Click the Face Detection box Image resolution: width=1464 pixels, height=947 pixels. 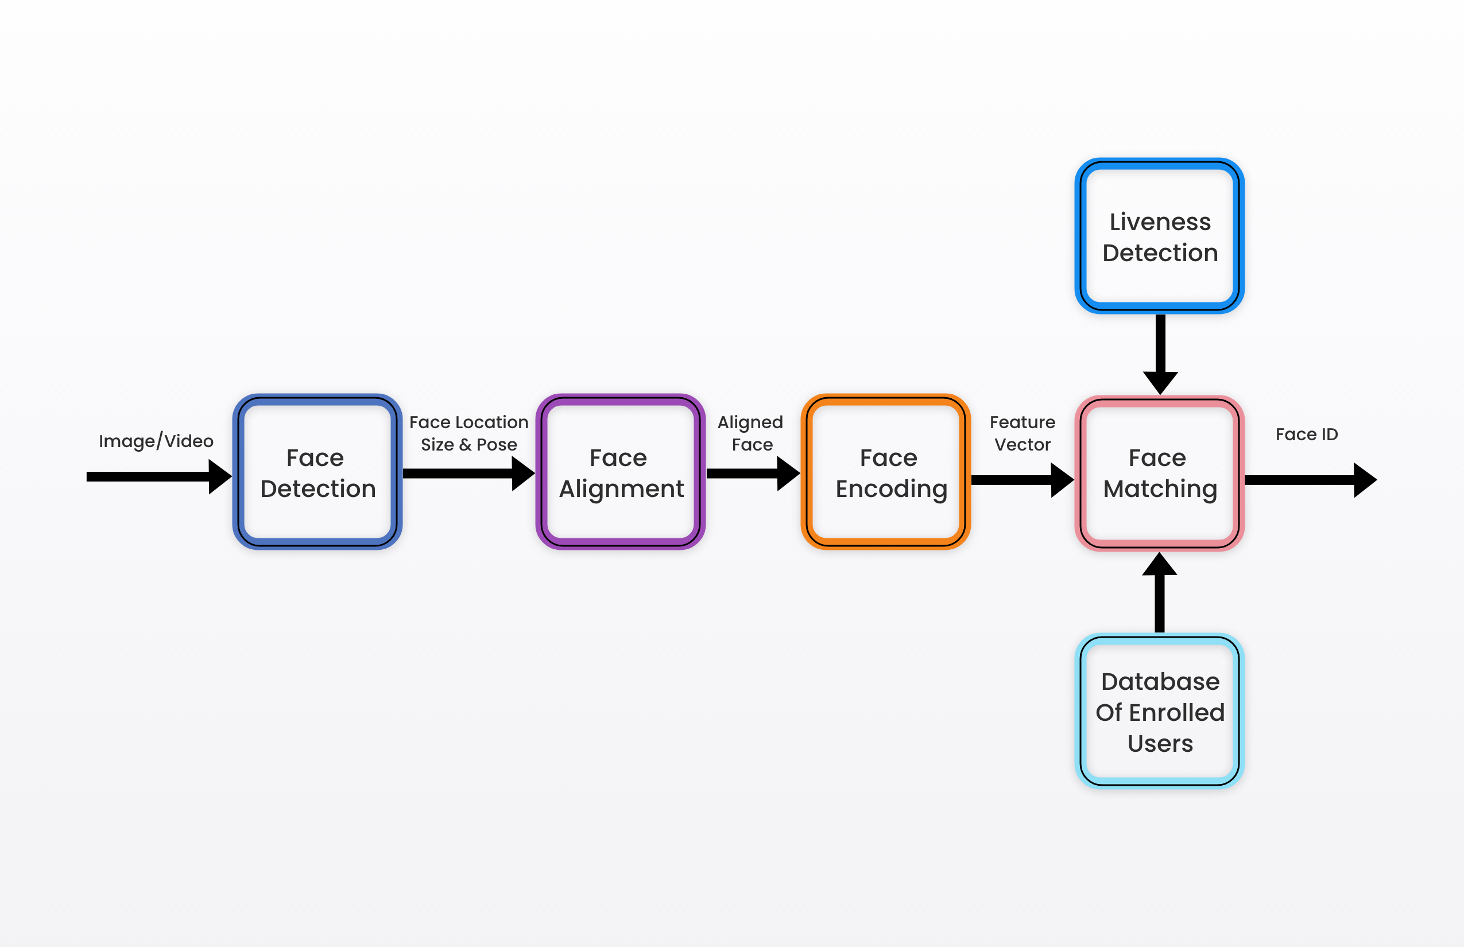[317, 472]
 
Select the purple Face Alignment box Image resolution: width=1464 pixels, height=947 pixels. [621, 472]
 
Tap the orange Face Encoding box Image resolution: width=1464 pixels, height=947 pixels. [886, 472]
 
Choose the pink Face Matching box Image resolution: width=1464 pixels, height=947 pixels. [1160, 473]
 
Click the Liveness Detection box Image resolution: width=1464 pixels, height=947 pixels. [1160, 236]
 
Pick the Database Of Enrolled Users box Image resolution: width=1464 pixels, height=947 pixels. [1160, 711]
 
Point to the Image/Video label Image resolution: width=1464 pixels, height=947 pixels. [156, 441]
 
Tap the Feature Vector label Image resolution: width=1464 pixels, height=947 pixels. [1023, 433]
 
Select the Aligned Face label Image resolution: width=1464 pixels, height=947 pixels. [750, 434]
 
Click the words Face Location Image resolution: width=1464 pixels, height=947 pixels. [468, 422]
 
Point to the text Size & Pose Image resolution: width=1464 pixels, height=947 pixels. [468, 445]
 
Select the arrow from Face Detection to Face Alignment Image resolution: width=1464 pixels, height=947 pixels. [468, 473]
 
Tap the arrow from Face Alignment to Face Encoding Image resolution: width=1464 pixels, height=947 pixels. [753, 473]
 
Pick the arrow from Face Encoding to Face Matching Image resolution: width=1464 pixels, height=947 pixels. [1023, 480]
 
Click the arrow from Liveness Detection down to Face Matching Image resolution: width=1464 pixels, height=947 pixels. [1160, 355]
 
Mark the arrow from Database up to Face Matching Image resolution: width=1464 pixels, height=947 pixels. [1160, 592]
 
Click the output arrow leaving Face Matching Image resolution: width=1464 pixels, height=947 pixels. [1311, 480]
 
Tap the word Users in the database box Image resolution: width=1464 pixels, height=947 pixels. [1160, 743]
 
